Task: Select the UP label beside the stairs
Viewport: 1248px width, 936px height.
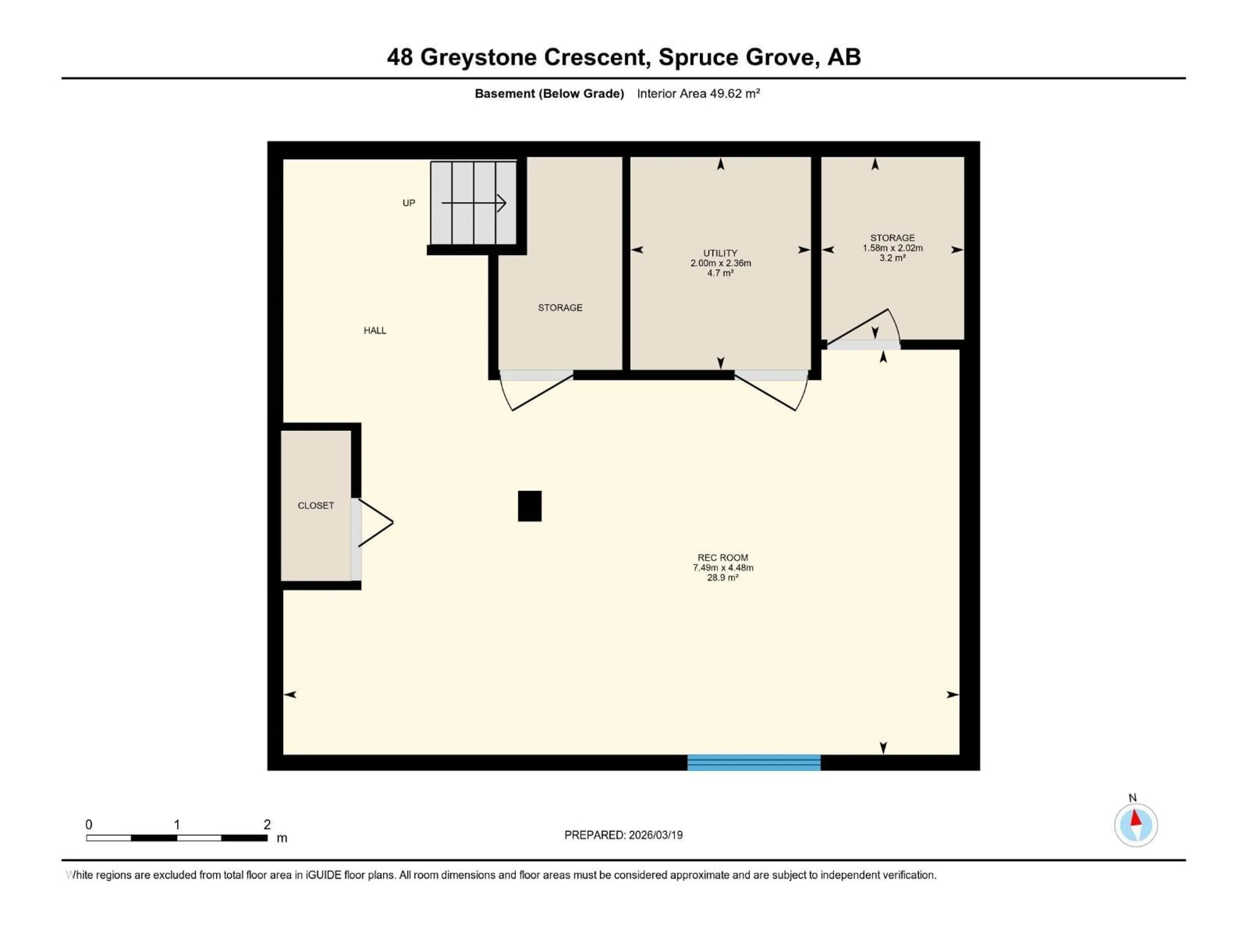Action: pyautogui.click(x=409, y=203)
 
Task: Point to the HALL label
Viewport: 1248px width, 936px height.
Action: pyautogui.click(x=375, y=331)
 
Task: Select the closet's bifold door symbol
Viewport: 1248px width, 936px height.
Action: pyautogui.click(x=375, y=523)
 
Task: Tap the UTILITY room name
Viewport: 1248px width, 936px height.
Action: pyautogui.click(x=720, y=253)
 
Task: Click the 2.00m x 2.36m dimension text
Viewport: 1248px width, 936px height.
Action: pyautogui.click(x=720, y=263)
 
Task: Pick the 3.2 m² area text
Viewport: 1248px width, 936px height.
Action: pyautogui.click(x=892, y=258)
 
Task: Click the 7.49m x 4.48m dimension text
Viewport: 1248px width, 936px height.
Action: pyautogui.click(x=723, y=567)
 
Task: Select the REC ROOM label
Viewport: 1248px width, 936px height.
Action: pyautogui.click(x=723, y=557)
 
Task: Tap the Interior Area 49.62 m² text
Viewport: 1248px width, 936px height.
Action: pyautogui.click(x=698, y=94)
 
